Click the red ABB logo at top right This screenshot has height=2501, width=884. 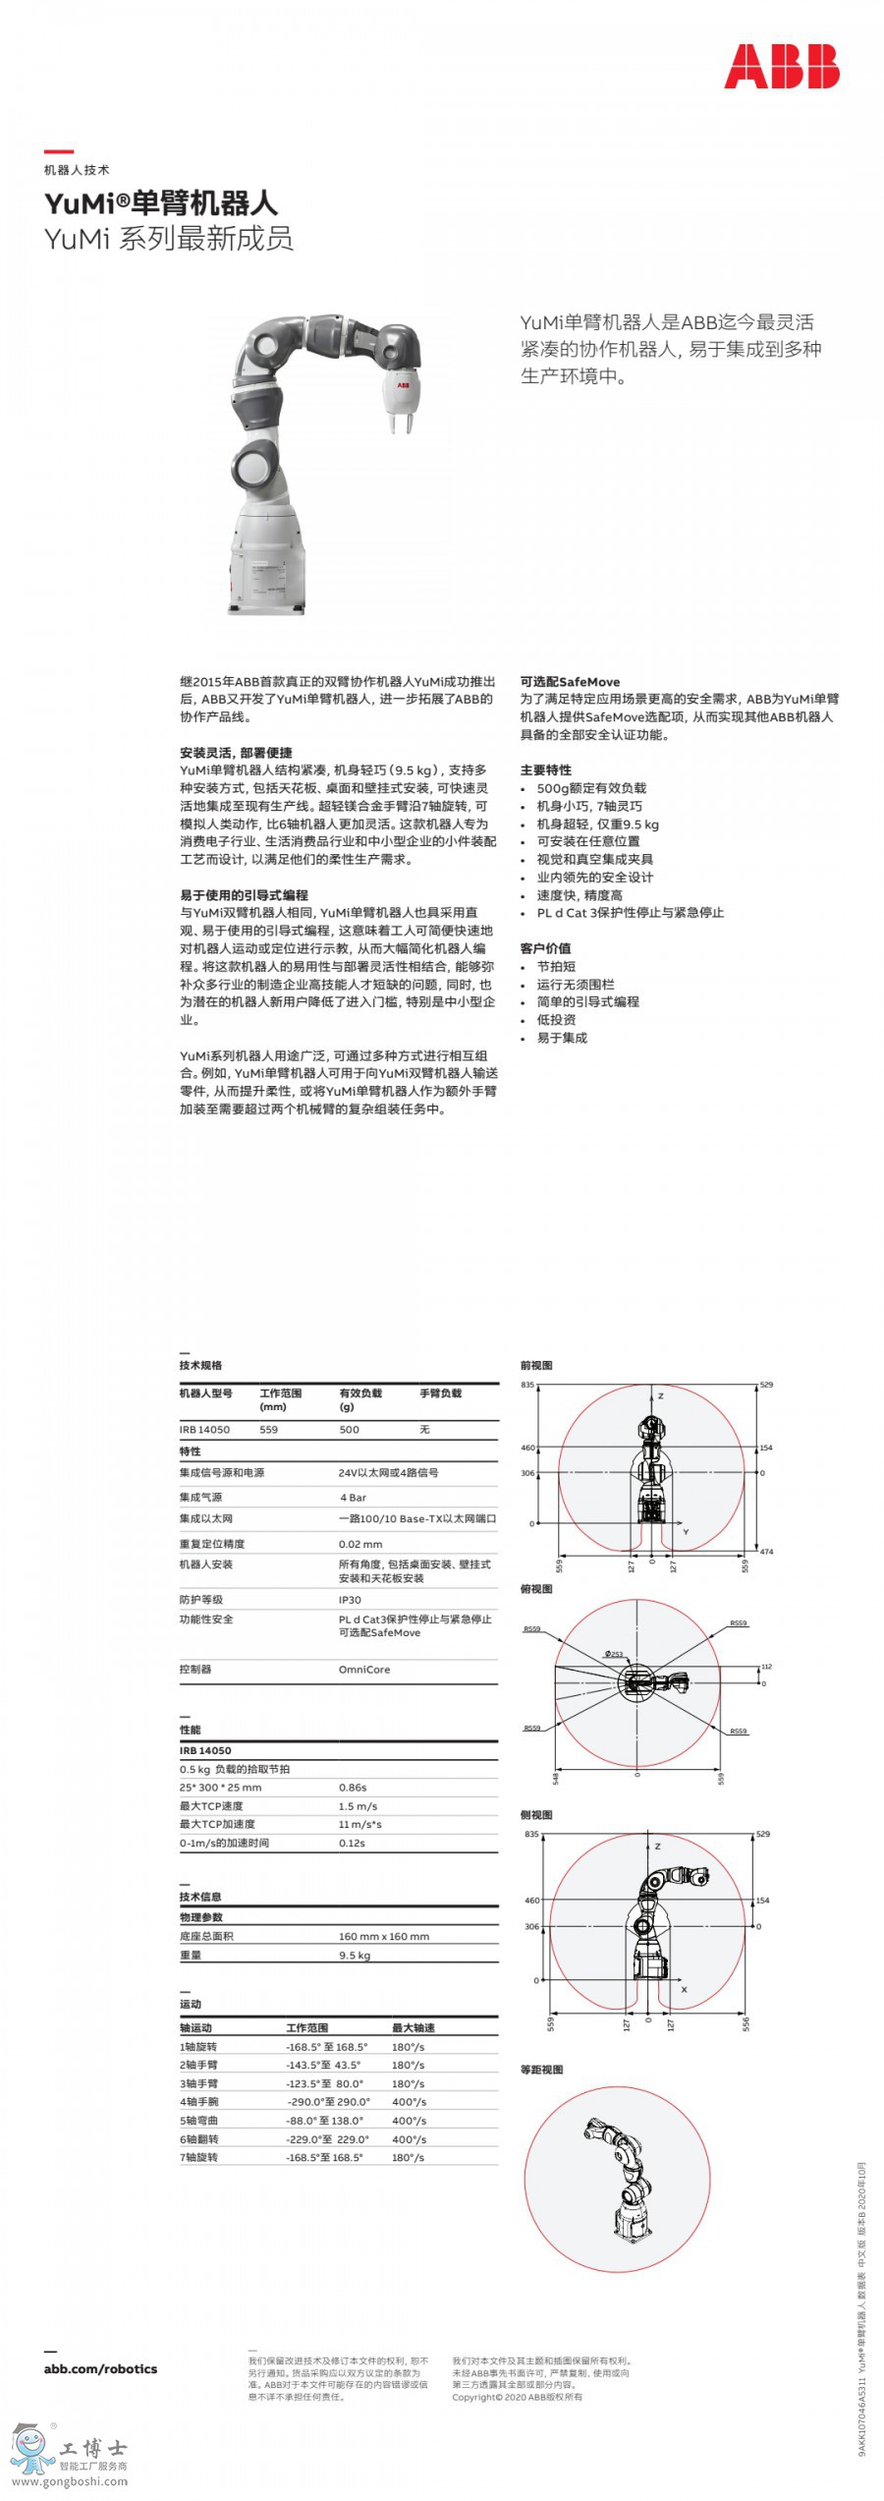tap(781, 67)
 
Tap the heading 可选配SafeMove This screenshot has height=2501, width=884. tap(570, 682)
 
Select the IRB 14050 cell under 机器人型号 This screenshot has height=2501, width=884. tap(204, 1430)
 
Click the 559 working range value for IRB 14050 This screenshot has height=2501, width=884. tap(268, 1430)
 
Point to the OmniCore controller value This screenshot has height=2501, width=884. tap(364, 1670)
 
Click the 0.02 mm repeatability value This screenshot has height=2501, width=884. tap(360, 1544)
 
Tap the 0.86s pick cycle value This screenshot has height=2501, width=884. tap(353, 1788)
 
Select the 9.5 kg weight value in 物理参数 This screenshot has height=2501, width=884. tap(355, 1956)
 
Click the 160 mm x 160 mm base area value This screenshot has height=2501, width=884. tap(384, 1937)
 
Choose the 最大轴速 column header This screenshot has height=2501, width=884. tap(413, 2027)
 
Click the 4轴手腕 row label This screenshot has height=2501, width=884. tap(198, 2102)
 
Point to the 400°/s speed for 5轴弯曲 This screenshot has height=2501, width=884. tap(409, 2121)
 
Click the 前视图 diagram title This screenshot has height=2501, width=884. tap(536, 1366)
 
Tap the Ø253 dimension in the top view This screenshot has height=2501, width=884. tap(614, 1654)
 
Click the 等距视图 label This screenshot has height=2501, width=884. tap(541, 2070)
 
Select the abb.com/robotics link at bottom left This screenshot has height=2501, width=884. tap(100, 2369)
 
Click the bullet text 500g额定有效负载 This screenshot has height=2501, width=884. tap(591, 788)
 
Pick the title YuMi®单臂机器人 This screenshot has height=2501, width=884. tap(161, 203)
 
